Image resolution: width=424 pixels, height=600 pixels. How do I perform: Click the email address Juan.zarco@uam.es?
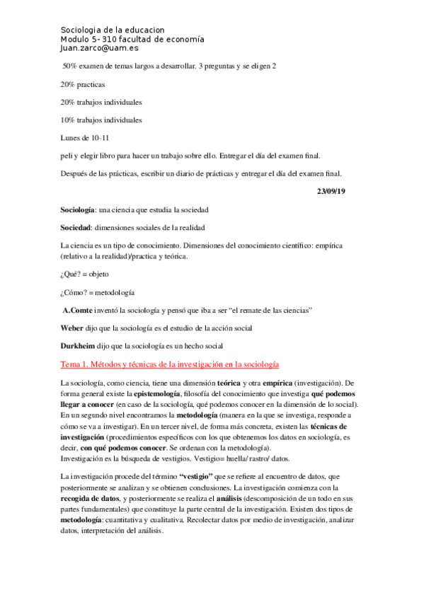click(98, 50)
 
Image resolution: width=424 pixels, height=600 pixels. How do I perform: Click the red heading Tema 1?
click(171, 364)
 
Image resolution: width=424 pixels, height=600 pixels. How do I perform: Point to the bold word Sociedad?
click(76, 228)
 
